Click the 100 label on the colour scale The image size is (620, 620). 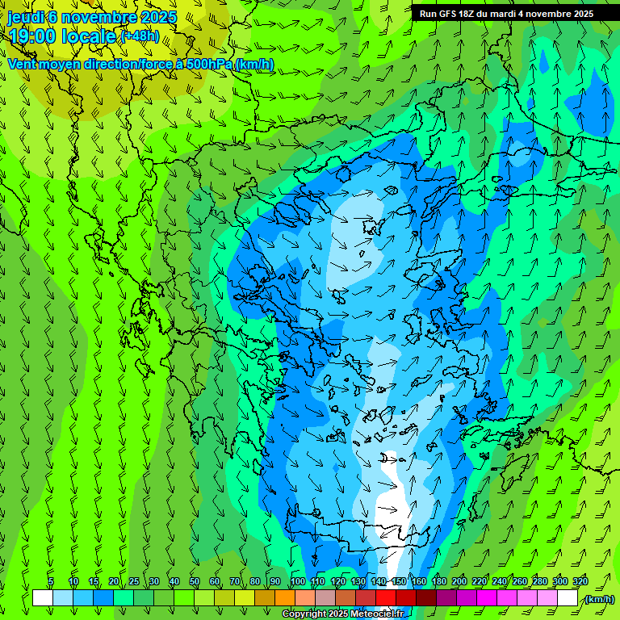point(298,582)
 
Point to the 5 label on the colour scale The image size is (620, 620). point(51,582)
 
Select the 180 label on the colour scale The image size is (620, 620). point(438,582)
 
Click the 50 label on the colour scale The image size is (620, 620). point(195,582)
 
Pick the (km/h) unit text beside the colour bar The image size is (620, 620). point(599,599)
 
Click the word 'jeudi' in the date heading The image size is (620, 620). point(24,17)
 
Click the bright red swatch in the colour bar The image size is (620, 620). point(387,598)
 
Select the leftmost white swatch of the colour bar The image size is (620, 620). point(43,598)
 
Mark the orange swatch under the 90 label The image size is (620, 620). point(285,598)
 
